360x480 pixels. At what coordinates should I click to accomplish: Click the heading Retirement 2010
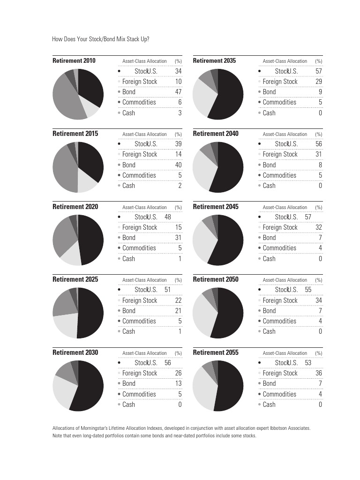[x=74, y=61]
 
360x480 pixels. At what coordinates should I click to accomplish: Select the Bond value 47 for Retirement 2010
[x=178, y=92]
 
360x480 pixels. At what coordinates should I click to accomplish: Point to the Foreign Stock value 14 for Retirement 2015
[x=178, y=154]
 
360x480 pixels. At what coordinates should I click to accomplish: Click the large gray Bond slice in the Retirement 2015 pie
[x=63, y=169]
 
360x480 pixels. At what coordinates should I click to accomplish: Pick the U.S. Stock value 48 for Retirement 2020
[x=168, y=217]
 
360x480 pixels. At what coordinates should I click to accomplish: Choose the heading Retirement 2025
[x=75, y=279]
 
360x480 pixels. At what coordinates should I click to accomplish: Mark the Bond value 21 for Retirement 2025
[x=178, y=311]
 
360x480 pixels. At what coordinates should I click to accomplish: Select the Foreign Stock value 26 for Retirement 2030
[x=178, y=373]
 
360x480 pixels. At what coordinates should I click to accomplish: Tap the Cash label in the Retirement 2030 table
[x=128, y=405]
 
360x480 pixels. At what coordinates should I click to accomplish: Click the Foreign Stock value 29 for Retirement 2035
[x=319, y=82]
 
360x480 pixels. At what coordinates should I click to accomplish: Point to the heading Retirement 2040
[x=216, y=134]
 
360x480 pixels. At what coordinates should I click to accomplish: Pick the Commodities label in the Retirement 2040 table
[x=279, y=175]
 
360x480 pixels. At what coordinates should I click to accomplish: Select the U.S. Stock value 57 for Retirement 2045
[x=308, y=217]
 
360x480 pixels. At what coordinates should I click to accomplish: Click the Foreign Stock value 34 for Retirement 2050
[x=319, y=300]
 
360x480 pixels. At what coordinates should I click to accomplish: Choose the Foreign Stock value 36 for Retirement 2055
[x=319, y=373]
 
